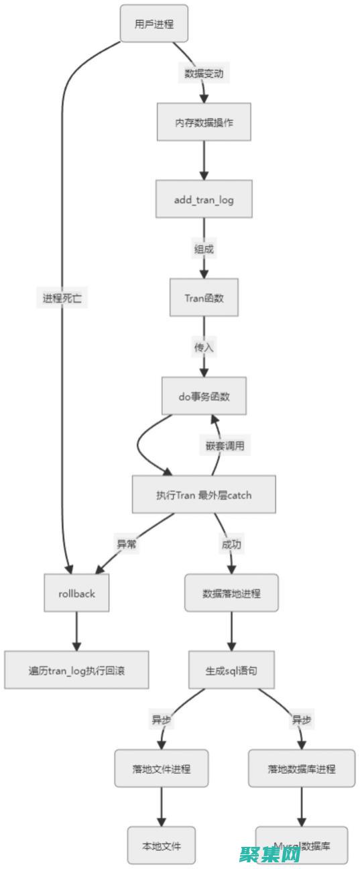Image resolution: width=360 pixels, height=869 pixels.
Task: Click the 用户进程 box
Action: (x=154, y=23)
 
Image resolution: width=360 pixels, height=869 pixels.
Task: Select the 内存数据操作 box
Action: (x=204, y=122)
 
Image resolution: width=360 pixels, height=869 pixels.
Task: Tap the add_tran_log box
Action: (x=204, y=198)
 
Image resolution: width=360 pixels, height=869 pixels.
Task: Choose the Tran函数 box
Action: (x=204, y=298)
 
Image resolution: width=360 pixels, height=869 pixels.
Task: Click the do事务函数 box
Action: (x=204, y=396)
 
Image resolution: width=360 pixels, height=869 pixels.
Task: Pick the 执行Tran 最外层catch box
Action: (x=204, y=495)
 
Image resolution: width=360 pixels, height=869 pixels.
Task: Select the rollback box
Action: (x=76, y=593)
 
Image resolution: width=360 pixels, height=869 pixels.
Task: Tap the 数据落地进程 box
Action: (x=231, y=593)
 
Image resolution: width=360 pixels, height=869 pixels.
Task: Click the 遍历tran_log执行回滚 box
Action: (x=76, y=669)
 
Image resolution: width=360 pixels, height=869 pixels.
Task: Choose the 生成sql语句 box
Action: (x=231, y=669)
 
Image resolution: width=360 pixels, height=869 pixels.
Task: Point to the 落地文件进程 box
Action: (x=161, y=768)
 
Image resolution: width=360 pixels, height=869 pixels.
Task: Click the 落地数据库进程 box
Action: (x=301, y=768)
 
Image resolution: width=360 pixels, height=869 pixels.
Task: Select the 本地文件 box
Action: (x=161, y=845)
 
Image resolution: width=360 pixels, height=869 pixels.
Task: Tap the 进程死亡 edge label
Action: (x=62, y=298)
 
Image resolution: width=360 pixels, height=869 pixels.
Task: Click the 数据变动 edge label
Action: (x=204, y=73)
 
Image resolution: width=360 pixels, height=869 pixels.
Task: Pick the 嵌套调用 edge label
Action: (x=225, y=445)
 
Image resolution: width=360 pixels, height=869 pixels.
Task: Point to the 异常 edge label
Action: (x=127, y=544)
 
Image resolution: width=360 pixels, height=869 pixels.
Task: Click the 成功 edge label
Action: (x=231, y=544)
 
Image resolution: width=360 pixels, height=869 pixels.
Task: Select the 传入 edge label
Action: (x=204, y=347)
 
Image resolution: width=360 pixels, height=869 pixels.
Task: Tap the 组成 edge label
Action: (x=204, y=249)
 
